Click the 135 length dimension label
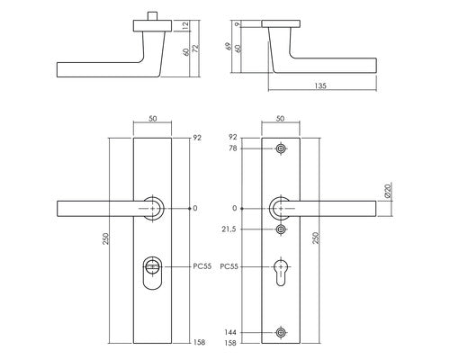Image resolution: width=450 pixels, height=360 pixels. (x=320, y=85)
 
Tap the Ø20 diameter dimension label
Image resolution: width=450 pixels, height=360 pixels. (x=388, y=191)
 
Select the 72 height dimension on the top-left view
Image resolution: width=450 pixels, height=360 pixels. (x=195, y=48)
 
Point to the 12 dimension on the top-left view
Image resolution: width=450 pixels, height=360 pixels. (x=185, y=26)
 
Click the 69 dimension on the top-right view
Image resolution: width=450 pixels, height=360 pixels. (x=229, y=46)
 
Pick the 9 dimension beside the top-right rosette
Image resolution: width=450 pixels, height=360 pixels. (x=239, y=24)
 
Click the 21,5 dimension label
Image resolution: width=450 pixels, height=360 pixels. (x=229, y=229)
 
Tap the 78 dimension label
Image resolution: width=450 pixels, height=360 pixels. (x=233, y=148)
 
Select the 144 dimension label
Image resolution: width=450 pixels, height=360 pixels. (x=230, y=332)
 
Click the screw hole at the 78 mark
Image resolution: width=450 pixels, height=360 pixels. (x=281, y=148)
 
